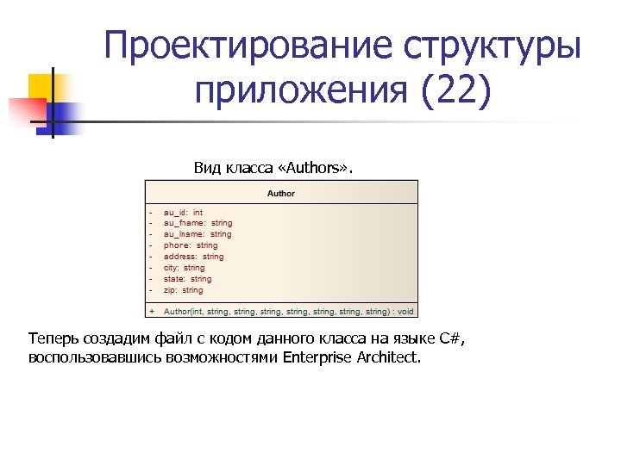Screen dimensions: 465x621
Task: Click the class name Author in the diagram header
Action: [281, 194]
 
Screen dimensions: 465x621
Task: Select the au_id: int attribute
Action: [183, 212]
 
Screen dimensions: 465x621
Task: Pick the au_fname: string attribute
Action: [198, 223]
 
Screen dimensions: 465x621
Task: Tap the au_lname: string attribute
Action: [198, 234]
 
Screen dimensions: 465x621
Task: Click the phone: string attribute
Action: [191, 245]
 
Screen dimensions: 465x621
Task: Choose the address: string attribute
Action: [193, 257]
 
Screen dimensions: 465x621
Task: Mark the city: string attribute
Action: [184, 268]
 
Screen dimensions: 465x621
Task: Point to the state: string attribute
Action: [187, 279]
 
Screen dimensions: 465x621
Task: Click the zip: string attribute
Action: [183, 290]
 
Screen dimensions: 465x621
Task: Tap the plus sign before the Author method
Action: [152, 311]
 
